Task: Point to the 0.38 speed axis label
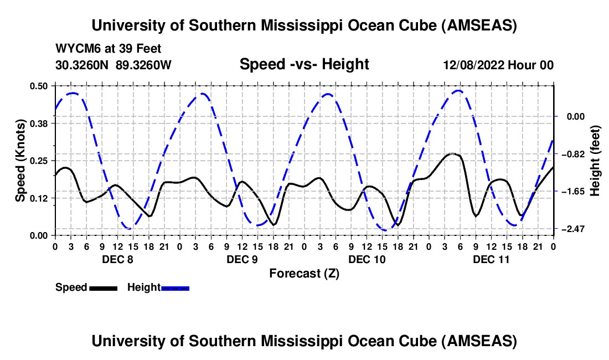pos(38,123)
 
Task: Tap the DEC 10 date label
pos(365,259)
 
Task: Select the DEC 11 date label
pos(490,259)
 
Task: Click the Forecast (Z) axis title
pos(304,273)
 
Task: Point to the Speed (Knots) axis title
pos(20,160)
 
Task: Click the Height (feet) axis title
pos(595,160)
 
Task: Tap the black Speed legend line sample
pos(103,287)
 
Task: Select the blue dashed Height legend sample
pos(175,287)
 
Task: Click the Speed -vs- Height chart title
pos(304,64)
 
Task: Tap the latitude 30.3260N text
pos(82,65)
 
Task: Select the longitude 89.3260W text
pos(144,65)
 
